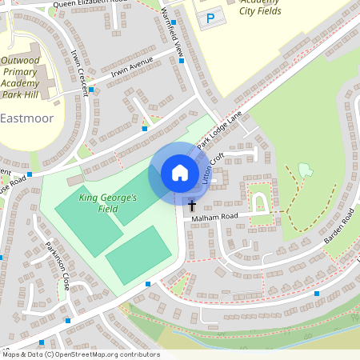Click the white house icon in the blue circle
point(180,173)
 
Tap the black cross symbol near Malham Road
point(191,206)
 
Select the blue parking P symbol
point(210,17)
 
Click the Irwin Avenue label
point(130,70)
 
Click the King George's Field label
point(108,202)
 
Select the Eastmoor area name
point(28,118)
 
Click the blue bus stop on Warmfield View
point(182,61)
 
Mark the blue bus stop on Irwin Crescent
point(91,90)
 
